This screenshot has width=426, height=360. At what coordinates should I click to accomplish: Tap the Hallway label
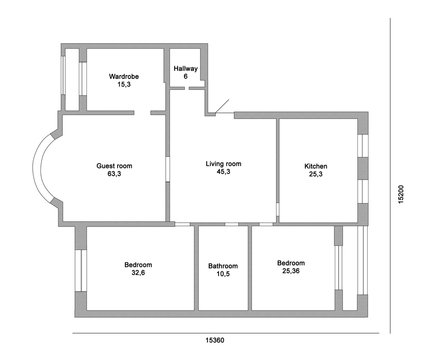186,68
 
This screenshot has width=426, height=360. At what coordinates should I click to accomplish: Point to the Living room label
223,164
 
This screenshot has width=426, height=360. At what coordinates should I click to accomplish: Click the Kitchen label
316,166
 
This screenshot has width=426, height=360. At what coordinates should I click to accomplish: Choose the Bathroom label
223,266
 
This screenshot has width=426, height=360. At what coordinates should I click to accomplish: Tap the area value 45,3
223,173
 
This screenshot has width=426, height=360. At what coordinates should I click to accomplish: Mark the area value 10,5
223,275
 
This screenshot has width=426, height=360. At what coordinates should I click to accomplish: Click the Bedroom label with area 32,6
138,264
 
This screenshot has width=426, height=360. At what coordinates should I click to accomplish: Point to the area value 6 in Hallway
186,77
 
